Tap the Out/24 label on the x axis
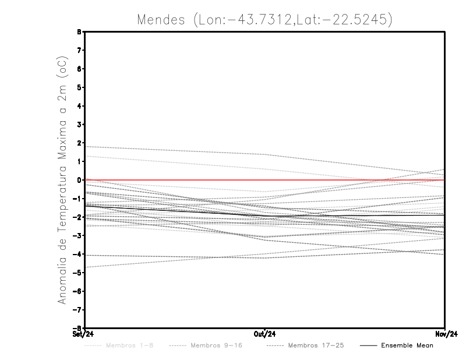[x=265, y=334]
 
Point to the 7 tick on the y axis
[x=78, y=51]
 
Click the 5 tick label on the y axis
[x=78, y=87]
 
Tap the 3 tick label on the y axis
[x=78, y=125]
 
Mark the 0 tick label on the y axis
[x=78, y=180]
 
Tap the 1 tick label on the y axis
[x=78, y=161]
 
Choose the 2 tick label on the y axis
[x=78, y=143]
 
